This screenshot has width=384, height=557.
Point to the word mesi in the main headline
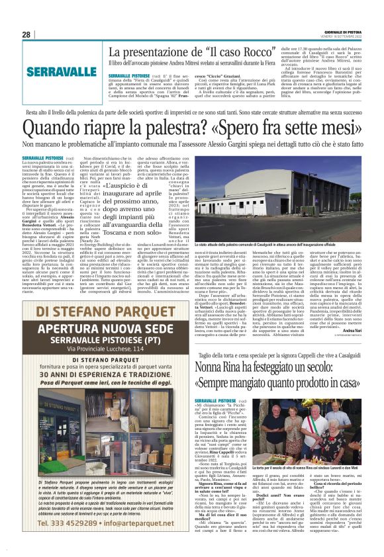coord(346,125)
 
